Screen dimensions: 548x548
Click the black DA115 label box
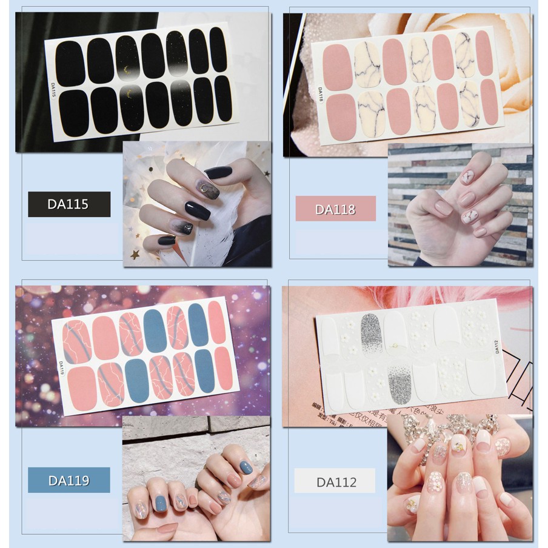point(69,204)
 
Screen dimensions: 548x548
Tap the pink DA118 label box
point(335,209)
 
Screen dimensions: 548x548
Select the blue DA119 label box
point(69,480)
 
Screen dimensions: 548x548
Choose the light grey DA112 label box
point(335,483)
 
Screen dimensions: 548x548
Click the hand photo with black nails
point(197,204)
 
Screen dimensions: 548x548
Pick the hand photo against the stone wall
point(460,205)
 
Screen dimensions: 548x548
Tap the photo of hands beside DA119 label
point(196,479)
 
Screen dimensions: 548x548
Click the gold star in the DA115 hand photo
point(135,254)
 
